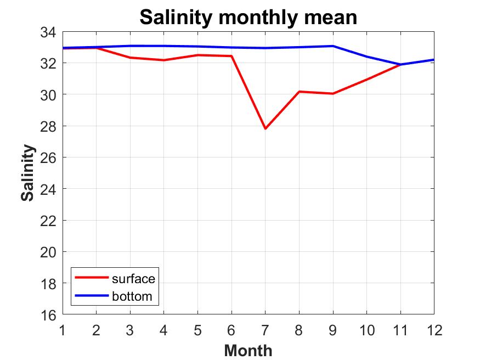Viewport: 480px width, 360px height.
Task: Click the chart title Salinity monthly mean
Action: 248,17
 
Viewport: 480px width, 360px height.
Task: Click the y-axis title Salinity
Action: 29,173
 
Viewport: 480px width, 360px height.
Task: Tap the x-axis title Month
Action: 248,350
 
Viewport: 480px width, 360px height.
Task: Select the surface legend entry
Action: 133,279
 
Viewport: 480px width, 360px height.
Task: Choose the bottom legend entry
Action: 135,297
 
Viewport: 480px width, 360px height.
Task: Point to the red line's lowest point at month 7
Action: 266,128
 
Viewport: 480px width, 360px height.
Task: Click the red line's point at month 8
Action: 299,92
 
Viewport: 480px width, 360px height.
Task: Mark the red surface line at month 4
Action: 163,60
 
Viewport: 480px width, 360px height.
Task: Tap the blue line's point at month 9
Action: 333,46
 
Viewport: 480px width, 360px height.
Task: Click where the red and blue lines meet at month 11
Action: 400,65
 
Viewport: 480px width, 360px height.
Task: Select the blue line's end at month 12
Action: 433,60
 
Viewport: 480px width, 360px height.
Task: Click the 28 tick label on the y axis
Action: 48,126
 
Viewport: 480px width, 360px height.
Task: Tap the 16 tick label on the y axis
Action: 48,314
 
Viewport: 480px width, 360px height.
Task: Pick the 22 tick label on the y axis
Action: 48,221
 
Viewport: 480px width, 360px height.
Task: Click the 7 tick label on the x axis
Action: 266,330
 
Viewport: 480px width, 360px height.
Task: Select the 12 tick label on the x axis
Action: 434,330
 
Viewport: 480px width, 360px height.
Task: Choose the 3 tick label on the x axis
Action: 131,330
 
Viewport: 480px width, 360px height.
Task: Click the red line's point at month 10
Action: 366,80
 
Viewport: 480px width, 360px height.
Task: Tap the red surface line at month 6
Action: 231,56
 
